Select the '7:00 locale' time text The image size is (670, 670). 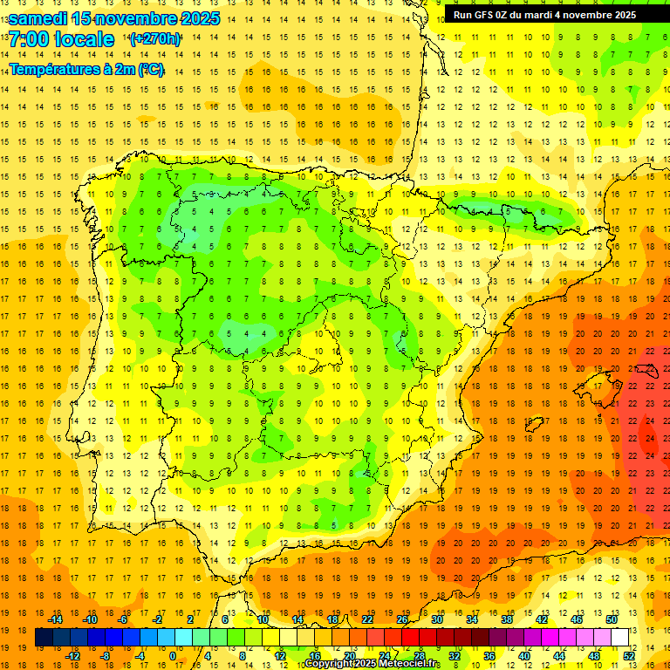pyautogui.click(x=61, y=40)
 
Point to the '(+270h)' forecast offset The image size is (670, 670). pyautogui.click(x=154, y=39)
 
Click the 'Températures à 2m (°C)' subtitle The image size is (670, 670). pyautogui.click(x=86, y=69)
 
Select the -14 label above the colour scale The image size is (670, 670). pyautogui.click(x=55, y=619)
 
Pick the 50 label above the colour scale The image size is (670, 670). pyautogui.click(x=611, y=619)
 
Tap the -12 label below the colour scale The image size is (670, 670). pyautogui.click(x=72, y=655)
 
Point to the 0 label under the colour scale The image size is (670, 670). pyautogui.click(x=173, y=655)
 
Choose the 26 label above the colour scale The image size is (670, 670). pyautogui.click(x=402, y=619)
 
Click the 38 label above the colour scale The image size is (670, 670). pyautogui.click(x=507, y=619)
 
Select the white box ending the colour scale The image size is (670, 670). pyautogui.click(x=619, y=638)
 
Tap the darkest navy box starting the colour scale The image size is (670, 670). pyautogui.click(x=44, y=638)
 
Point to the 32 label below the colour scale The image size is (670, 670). pyautogui.click(x=455, y=655)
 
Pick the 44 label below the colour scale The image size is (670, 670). pyautogui.click(x=559, y=655)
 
